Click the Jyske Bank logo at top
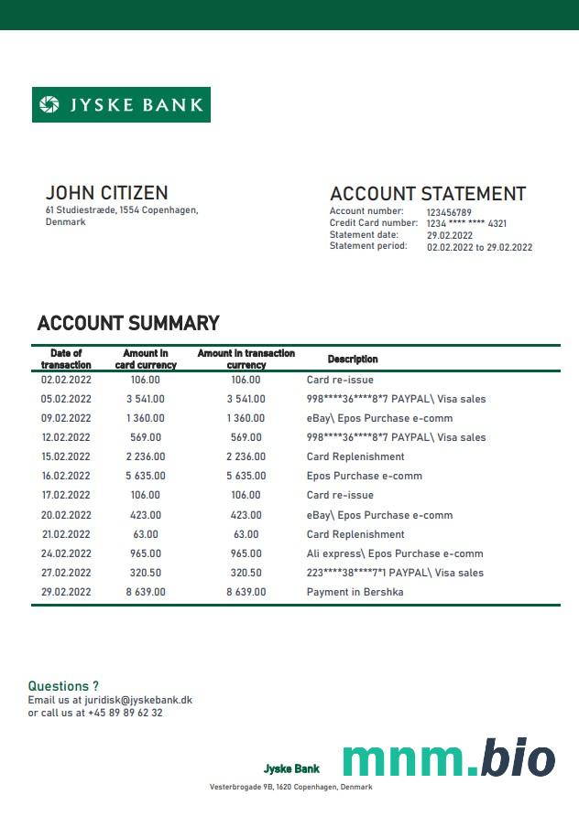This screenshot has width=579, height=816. coord(121,104)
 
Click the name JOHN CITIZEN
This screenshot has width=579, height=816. coord(106,193)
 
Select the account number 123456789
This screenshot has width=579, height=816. coord(449,212)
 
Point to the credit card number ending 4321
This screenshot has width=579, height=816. coord(466,223)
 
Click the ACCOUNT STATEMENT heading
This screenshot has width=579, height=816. coord(427,194)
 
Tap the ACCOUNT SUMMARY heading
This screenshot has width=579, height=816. coord(128,323)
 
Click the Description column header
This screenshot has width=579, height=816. coord(353,360)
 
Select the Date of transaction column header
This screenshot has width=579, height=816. coord(66,359)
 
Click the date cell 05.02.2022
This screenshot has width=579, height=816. coord(66,399)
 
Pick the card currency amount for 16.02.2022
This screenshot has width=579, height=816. coord(146,476)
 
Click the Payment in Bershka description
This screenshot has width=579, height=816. coord(355,592)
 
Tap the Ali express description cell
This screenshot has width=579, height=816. coord(394,553)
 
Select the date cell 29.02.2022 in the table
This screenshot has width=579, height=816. coord(66,592)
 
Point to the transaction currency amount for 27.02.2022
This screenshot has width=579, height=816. coord(246,573)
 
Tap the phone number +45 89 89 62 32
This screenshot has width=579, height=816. coord(126,713)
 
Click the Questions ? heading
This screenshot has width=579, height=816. coord(63,686)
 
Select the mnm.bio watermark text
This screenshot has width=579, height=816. coord(449,759)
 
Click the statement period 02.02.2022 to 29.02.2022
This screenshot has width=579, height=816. coord(479,247)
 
